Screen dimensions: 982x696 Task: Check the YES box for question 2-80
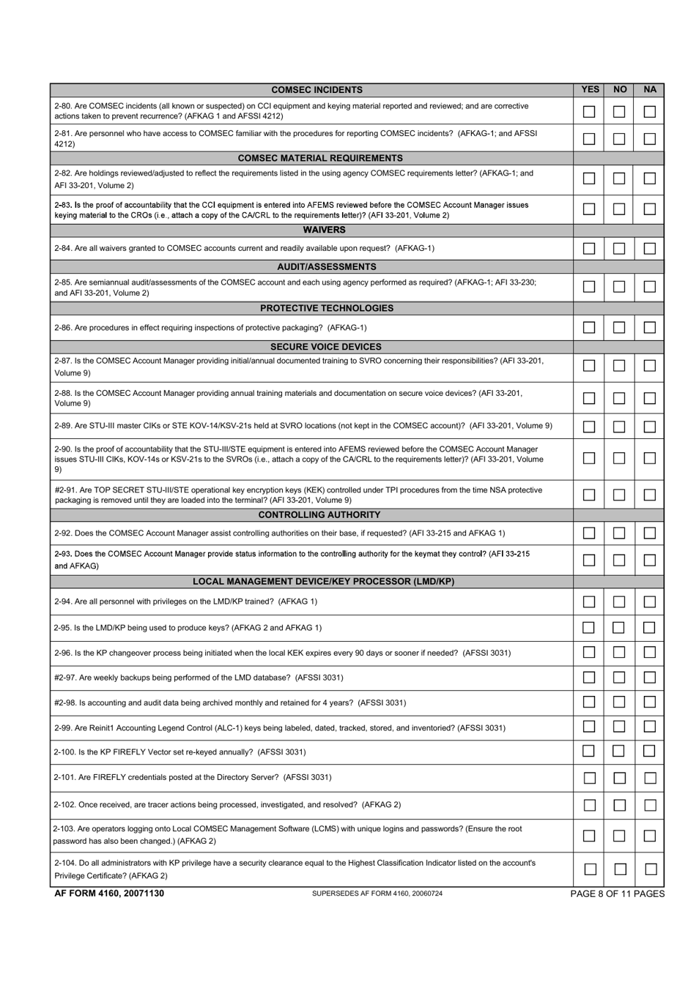pos(589,112)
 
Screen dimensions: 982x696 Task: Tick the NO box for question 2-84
pos(619,248)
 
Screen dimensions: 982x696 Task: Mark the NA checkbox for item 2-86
pos(649,328)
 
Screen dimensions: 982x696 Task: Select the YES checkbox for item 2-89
pos(589,426)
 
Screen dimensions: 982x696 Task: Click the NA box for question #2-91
pos(649,495)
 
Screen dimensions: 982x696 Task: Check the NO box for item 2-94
pos(619,601)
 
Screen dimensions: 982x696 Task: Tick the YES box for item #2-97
pos(589,678)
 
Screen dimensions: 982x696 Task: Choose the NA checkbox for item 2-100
pos(649,752)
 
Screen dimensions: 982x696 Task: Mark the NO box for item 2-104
pos(620,869)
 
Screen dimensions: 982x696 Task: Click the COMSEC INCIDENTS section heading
pos(316,90)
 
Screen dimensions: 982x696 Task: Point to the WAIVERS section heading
pos(324,230)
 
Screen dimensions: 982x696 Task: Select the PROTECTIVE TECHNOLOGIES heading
pos(327,308)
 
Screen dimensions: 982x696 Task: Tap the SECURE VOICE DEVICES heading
pos(326,347)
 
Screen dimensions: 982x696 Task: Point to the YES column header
pos(590,89)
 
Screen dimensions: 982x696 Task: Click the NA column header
pos(650,89)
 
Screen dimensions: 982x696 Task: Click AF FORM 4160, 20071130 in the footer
pos(109,893)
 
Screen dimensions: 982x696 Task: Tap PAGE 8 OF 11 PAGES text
pos(617,893)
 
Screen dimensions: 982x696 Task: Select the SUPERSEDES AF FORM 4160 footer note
pos(377,893)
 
